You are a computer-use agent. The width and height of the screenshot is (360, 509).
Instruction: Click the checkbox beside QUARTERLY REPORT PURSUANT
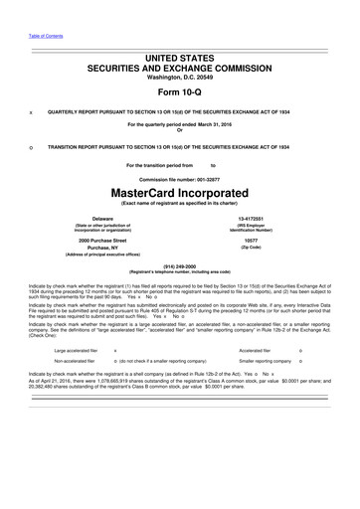click(x=31, y=112)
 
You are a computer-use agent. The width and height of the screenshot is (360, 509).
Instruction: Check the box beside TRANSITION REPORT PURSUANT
click(x=31, y=146)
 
